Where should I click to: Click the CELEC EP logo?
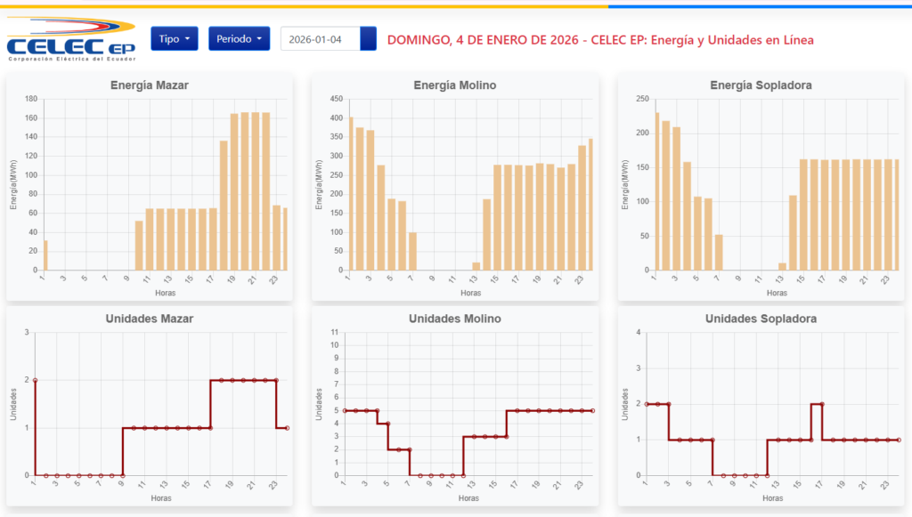coord(69,39)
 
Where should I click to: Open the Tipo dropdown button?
coord(174,39)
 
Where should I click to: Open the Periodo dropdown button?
coord(239,39)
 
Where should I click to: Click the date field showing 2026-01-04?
coord(321,39)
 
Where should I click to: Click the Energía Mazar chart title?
coord(150,85)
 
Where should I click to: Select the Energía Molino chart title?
coord(455,85)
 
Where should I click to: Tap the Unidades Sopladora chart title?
coord(760,319)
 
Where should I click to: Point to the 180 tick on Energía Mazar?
coord(31,99)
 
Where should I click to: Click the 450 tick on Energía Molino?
coord(337,99)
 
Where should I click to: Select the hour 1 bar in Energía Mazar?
coord(45,255)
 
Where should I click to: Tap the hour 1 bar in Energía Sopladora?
coord(656,191)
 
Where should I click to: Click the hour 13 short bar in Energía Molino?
coord(476,266)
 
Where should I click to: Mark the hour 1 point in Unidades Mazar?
coord(35,380)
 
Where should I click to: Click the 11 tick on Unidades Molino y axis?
coord(335,333)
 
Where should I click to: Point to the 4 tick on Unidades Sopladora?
coord(639,333)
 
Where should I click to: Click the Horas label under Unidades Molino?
coord(468,498)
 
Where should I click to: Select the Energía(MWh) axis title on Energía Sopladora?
coord(626,184)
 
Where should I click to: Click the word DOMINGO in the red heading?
coord(418,40)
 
